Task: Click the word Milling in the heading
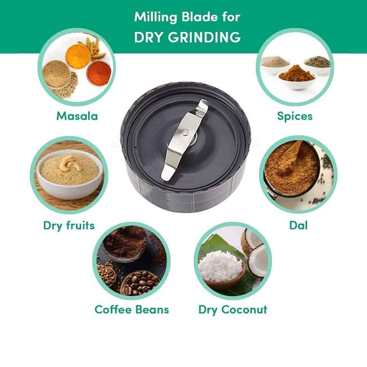pyautogui.click(x=155, y=17)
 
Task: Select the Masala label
pyautogui.click(x=77, y=116)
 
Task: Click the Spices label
pyautogui.click(x=295, y=116)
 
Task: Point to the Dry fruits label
pyautogui.click(x=69, y=226)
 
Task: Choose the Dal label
pyautogui.click(x=298, y=225)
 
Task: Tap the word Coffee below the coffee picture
pyautogui.click(x=113, y=310)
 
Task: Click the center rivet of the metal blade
pyautogui.click(x=185, y=132)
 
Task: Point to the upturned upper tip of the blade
pyautogui.click(x=203, y=103)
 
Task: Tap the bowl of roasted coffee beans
pyautogui.click(x=139, y=283)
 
